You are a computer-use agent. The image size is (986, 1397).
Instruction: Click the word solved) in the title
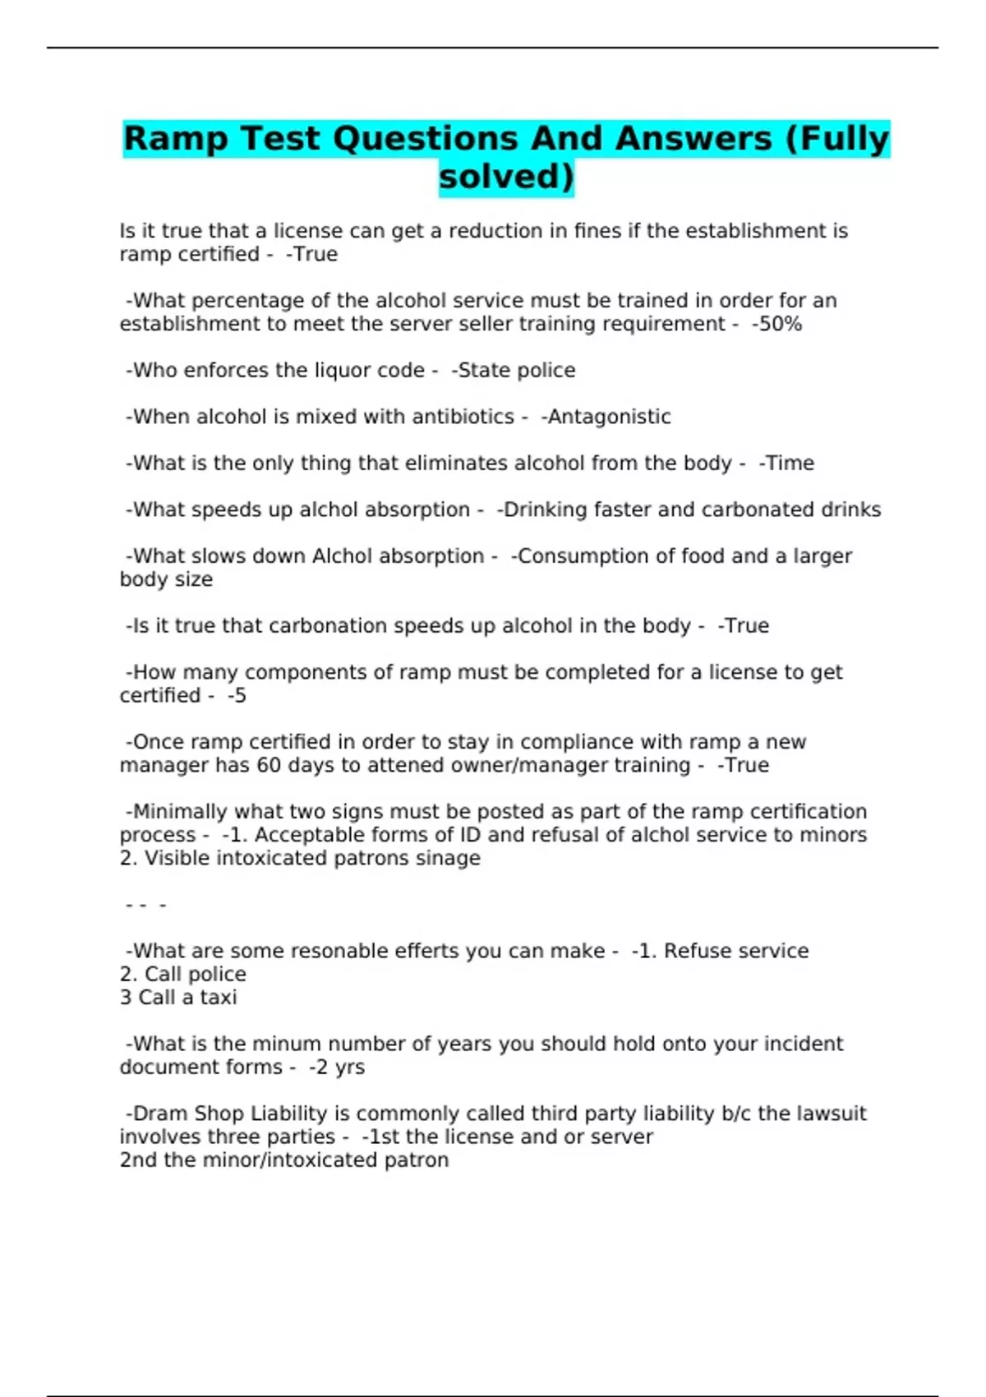tap(506, 178)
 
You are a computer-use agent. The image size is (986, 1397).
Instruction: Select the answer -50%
tap(776, 325)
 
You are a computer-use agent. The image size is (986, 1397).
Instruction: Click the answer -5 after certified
tap(237, 696)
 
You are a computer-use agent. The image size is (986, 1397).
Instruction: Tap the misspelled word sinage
tap(449, 859)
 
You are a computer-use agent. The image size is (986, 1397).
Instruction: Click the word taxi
tap(218, 998)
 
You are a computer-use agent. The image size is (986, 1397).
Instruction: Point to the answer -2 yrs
tap(337, 1067)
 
